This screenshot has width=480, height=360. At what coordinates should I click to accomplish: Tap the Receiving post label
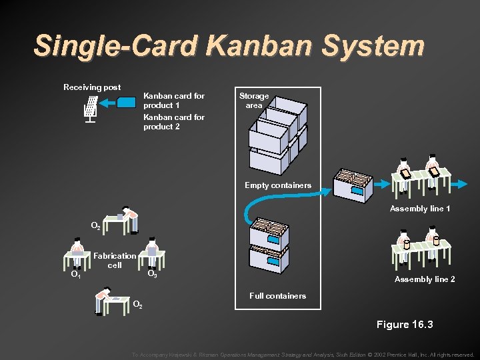92,87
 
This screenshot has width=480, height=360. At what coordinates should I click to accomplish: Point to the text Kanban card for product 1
174,101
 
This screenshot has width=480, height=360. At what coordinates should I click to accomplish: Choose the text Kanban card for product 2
174,122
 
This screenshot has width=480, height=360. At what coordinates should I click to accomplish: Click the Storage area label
254,101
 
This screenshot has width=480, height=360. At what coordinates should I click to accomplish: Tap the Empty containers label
277,185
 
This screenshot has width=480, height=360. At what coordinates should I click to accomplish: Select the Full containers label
277,295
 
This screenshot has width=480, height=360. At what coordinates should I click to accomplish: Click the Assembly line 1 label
420,209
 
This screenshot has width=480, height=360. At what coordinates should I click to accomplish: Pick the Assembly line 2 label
425,279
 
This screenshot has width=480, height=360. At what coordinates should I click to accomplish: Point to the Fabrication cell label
115,260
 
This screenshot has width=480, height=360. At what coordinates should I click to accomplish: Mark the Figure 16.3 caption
405,325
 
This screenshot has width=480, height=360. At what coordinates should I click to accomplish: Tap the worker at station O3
153,251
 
